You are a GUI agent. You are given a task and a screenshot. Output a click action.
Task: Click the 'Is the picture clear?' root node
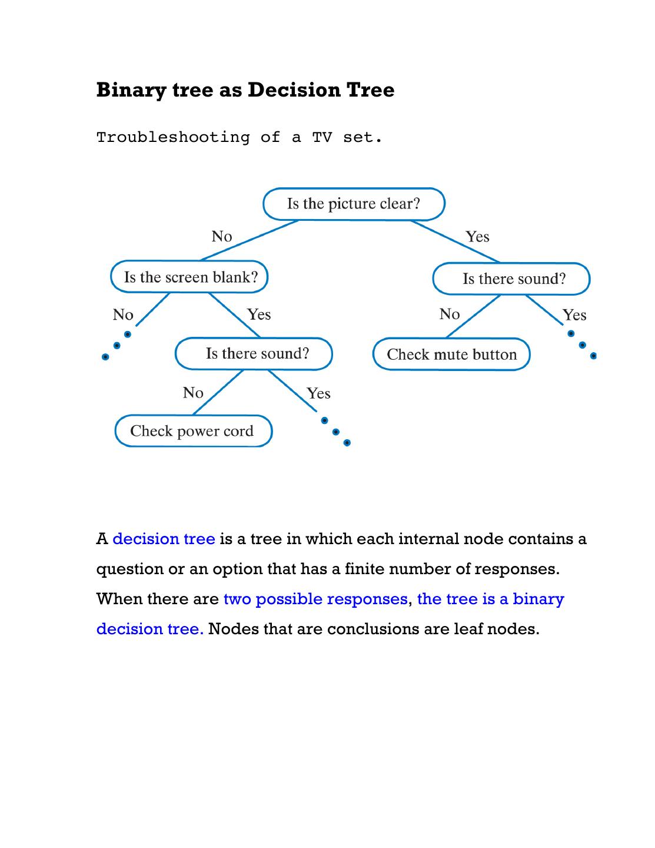[354, 204]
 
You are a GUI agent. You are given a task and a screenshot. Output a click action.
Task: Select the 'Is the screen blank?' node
[189, 277]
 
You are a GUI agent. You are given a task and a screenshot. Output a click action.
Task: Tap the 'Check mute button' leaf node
[451, 355]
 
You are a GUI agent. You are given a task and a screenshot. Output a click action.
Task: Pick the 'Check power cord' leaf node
[192, 431]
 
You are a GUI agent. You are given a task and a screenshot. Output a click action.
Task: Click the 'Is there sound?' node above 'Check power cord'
[254, 353]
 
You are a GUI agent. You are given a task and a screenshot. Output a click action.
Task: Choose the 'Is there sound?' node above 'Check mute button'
[511, 279]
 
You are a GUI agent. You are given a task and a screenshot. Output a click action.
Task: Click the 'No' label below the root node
[222, 237]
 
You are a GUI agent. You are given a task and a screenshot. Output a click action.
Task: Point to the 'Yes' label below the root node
[477, 237]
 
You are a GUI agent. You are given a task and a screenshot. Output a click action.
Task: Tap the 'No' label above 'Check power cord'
[193, 393]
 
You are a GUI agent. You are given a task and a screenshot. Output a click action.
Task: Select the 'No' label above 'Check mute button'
[450, 314]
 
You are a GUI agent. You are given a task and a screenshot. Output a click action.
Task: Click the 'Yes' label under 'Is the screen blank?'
[259, 314]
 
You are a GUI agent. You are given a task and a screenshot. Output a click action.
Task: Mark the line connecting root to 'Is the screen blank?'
[250, 240]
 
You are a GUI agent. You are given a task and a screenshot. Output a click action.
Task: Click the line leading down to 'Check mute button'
[473, 316]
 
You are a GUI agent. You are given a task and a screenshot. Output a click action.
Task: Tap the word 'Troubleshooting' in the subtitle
[173, 138]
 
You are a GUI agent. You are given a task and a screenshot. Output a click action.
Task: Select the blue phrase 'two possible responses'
[315, 599]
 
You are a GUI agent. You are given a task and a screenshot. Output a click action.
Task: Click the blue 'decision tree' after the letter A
[164, 539]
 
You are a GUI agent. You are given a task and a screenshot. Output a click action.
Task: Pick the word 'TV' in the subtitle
[322, 138]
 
